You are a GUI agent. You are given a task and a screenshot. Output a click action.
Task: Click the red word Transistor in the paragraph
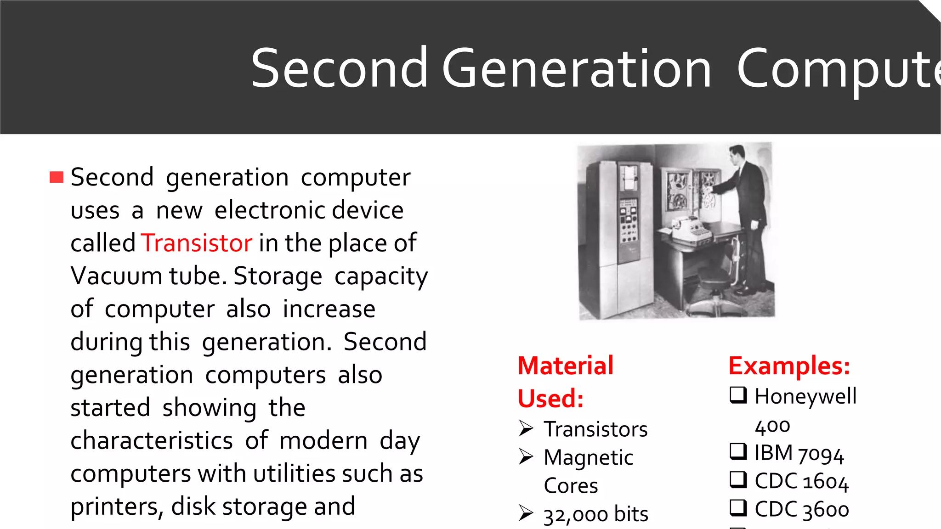pyautogui.click(x=197, y=243)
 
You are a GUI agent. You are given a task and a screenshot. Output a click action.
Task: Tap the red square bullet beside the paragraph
pyautogui.click(x=57, y=177)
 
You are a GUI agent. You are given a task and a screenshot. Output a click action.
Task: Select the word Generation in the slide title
pyautogui.click(x=577, y=69)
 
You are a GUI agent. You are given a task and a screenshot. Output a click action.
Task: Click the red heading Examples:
pyautogui.click(x=789, y=366)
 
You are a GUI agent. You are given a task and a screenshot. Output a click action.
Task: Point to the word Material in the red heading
pyautogui.click(x=566, y=366)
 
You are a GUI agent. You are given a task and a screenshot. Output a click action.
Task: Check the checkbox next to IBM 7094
pyautogui.click(x=738, y=451)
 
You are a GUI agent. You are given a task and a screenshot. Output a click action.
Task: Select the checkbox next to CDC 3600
pyautogui.click(x=738, y=508)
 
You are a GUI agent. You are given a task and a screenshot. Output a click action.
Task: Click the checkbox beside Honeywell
pyautogui.click(x=738, y=395)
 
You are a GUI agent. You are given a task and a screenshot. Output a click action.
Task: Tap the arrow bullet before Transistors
pyautogui.click(x=526, y=428)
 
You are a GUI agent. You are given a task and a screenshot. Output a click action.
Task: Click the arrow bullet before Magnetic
pyautogui.click(x=526, y=456)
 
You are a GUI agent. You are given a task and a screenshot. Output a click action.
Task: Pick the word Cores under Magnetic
pyautogui.click(x=571, y=486)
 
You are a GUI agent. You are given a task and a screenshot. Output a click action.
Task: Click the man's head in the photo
pyautogui.click(x=737, y=155)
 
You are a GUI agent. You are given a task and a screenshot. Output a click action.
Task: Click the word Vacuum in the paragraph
pyautogui.click(x=116, y=276)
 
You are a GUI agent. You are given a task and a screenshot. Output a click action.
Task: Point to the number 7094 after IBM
pyautogui.click(x=821, y=454)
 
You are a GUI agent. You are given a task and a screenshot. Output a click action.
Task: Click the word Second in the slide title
pyautogui.click(x=339, y=69)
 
